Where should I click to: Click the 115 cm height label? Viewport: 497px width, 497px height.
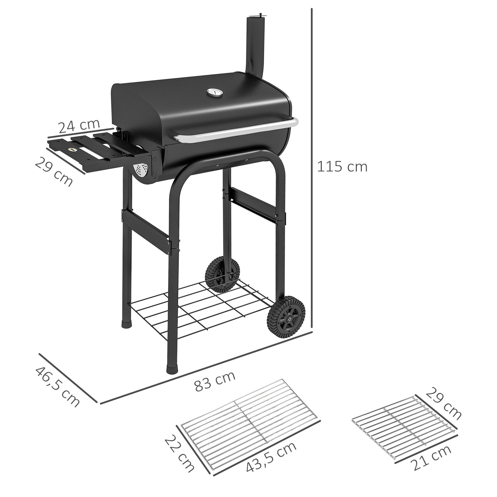click(x=342, y=167)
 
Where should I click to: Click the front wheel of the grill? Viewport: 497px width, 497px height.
click(x=286, y=318)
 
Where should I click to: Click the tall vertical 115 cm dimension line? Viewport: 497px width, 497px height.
click(x=312, y=167)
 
